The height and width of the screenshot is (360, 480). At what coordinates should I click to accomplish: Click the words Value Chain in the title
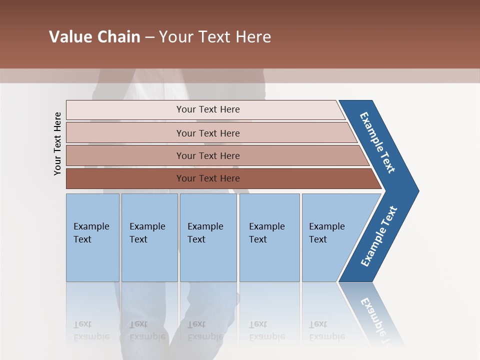pos(94,37)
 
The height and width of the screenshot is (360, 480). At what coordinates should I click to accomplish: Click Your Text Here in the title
pos(215,37)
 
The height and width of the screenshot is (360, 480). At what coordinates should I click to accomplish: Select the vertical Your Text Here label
pos(57,143)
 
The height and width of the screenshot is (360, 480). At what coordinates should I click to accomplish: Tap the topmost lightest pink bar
pos(125,110)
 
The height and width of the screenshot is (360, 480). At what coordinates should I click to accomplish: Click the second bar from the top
pos(125,133)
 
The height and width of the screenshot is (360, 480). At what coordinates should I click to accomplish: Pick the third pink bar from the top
pos(125,155)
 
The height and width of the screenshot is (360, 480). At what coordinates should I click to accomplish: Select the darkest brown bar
pos(125,178)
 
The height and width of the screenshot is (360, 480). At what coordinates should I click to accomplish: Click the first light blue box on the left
pos(92,260)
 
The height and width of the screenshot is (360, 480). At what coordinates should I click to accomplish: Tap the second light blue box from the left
pos(149,260)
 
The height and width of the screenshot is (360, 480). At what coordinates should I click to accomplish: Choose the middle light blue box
pos(208,260)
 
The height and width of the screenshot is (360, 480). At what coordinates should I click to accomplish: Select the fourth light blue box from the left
pos(269,260)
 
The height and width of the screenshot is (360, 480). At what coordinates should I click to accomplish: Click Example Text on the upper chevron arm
pos(377,142)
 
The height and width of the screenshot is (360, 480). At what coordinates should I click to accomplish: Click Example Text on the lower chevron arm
pos(378,236)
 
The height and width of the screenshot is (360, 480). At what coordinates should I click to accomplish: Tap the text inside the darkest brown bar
pos(208,178)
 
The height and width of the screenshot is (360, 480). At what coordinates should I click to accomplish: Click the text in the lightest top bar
pos(208,109)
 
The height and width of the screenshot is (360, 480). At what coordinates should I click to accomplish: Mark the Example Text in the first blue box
pos(91,233)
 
